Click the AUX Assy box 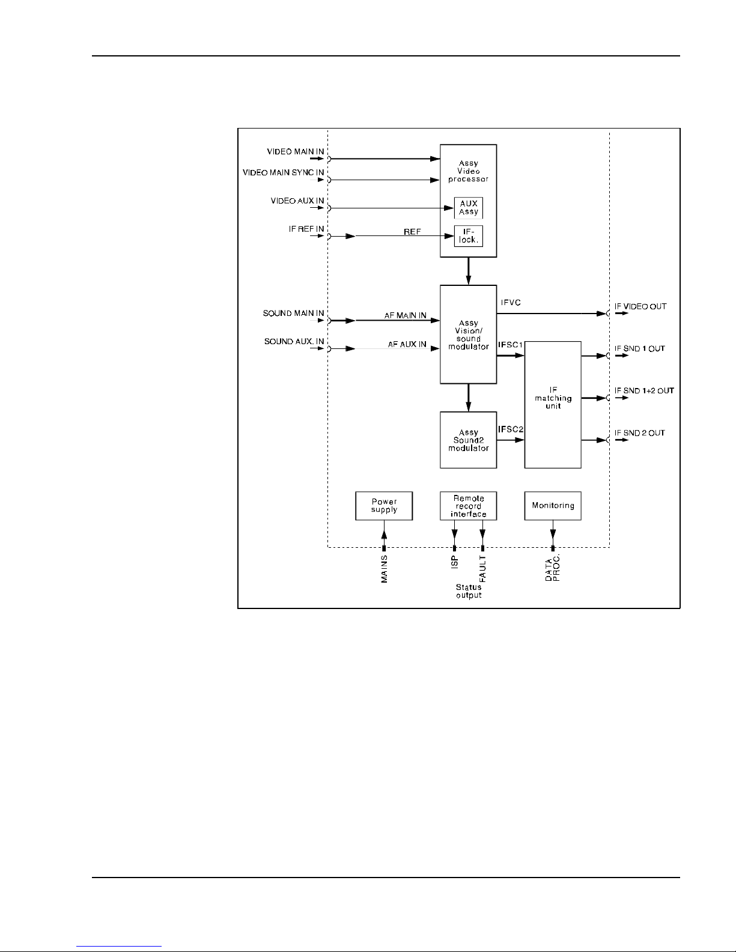(468, 208)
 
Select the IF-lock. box (468, 236)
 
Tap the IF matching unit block (553, 404)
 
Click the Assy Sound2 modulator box (468, 440)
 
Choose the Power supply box (384, 506)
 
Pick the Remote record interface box (468, 506)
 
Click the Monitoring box (553, 506)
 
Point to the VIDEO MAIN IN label (295, 151)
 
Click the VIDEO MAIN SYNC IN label (283, 172)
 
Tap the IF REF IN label (306, 229)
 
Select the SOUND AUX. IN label (294, 342)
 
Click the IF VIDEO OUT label (640, 306)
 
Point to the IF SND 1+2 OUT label (643, 390)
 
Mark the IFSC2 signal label (511, 429)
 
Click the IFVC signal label (511, 303)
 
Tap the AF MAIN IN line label (406, 315)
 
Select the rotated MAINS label (385, 569)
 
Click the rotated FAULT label (482, 568)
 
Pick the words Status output (468, 591)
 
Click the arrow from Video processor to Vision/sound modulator (468, 271)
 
